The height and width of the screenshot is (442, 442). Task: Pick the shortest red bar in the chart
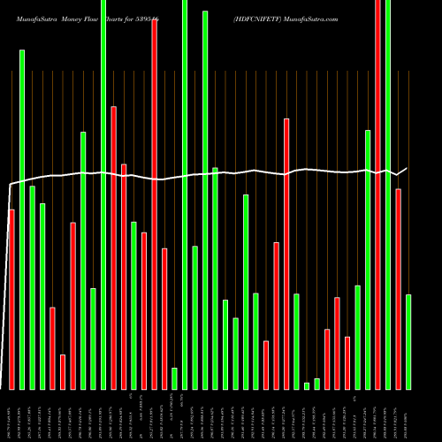tap(63, 371)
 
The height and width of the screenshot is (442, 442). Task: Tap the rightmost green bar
tap(408, 341)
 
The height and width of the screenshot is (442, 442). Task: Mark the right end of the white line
tap(408, 168)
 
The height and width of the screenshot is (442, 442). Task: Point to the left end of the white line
tap(9, 185)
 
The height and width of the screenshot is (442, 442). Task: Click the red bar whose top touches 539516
tap(155, 203)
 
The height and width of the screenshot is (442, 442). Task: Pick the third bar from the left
tap(32, 287)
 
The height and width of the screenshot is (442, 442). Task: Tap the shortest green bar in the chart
tap(307, 385)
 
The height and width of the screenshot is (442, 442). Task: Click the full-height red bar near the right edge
tap(378, 194)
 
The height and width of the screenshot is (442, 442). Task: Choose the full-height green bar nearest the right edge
tap(388, 194)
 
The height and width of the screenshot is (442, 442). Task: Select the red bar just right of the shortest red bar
tap(72, 305)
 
